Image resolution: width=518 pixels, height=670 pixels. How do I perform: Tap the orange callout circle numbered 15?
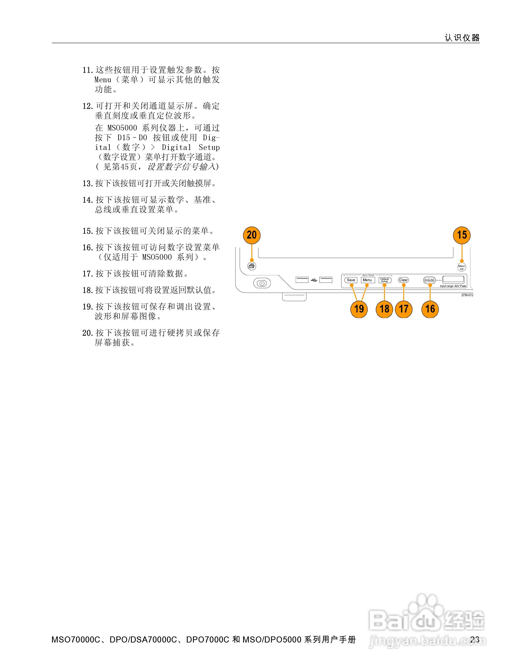coord(462,235)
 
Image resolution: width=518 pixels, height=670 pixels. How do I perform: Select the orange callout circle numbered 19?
coord(359,309)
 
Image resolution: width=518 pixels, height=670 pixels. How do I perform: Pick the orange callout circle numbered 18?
coord(384,309)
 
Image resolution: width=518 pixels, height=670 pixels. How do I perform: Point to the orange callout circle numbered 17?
coord(404,309)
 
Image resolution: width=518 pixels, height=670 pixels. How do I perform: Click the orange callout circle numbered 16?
coord(430,309)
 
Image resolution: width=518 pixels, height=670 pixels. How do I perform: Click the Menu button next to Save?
coord(367,280)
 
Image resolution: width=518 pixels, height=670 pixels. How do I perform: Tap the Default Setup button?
coord(384,280)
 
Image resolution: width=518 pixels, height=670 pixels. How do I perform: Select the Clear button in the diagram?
coord(403,280)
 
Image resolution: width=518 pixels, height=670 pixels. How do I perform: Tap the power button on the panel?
coord(262,283)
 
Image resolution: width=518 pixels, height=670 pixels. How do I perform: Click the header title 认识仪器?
coord(462,38)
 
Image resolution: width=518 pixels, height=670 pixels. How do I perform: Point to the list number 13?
coord(87,183)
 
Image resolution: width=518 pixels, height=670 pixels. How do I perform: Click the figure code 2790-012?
coord(467,295)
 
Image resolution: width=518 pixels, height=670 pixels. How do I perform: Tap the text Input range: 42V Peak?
coord(453,286)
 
